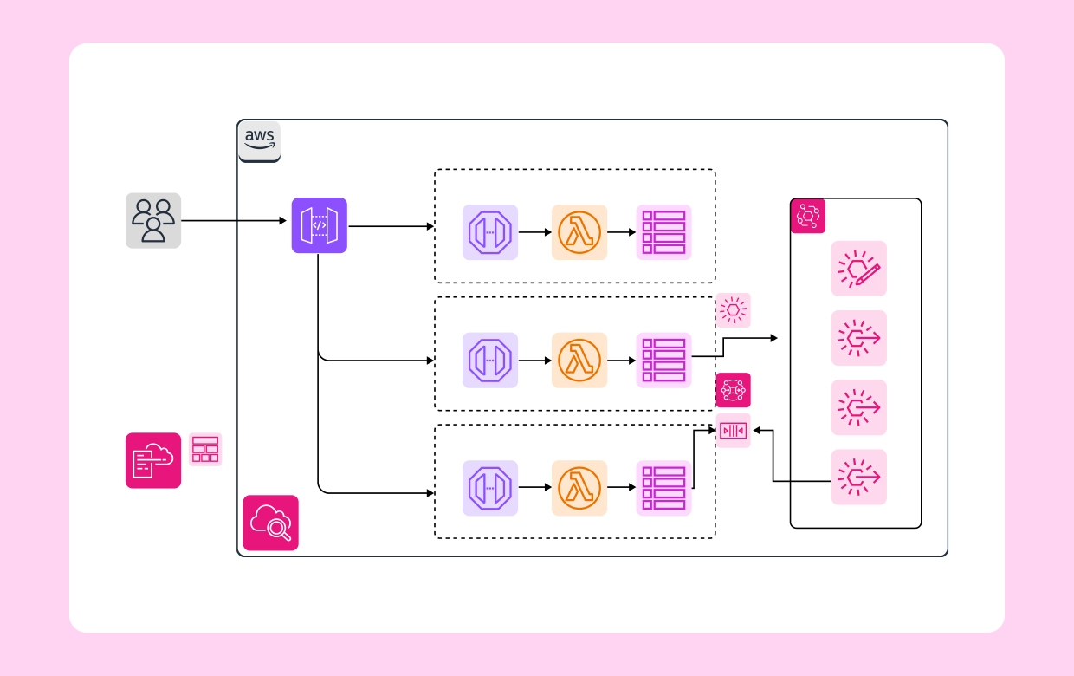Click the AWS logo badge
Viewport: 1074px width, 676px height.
click(259, 141)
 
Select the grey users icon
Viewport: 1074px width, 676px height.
click(153, 221)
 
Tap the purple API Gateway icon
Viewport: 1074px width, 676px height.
click(319, 225)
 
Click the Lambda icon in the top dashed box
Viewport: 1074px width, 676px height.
click(579, 232)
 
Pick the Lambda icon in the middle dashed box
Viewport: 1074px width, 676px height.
click(579, 361)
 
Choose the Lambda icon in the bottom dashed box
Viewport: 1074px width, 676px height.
click(579, 488)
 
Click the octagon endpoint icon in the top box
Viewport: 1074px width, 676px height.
click(490, 232)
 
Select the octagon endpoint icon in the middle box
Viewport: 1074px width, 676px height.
click(490, 361)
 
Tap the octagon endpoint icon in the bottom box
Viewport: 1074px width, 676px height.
click(490, 488)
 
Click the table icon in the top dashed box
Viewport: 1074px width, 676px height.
click(664, 232)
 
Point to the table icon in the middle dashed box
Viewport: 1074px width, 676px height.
click(664, 361)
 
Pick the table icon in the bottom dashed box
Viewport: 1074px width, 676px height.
click(664, 488)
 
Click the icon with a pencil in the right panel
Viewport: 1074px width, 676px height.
click(859, 269)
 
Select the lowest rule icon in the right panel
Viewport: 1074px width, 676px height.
click(859, 477)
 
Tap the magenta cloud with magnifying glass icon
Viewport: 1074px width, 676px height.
click(270, 523)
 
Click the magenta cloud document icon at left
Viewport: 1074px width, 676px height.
click(153, 460)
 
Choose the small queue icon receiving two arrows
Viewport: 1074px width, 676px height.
click(734, 431)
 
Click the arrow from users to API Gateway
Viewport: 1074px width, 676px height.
click(234, 221)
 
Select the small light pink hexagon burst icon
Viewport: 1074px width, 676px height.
click(734, 309)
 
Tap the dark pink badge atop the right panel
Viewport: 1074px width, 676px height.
click(808, 216)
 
